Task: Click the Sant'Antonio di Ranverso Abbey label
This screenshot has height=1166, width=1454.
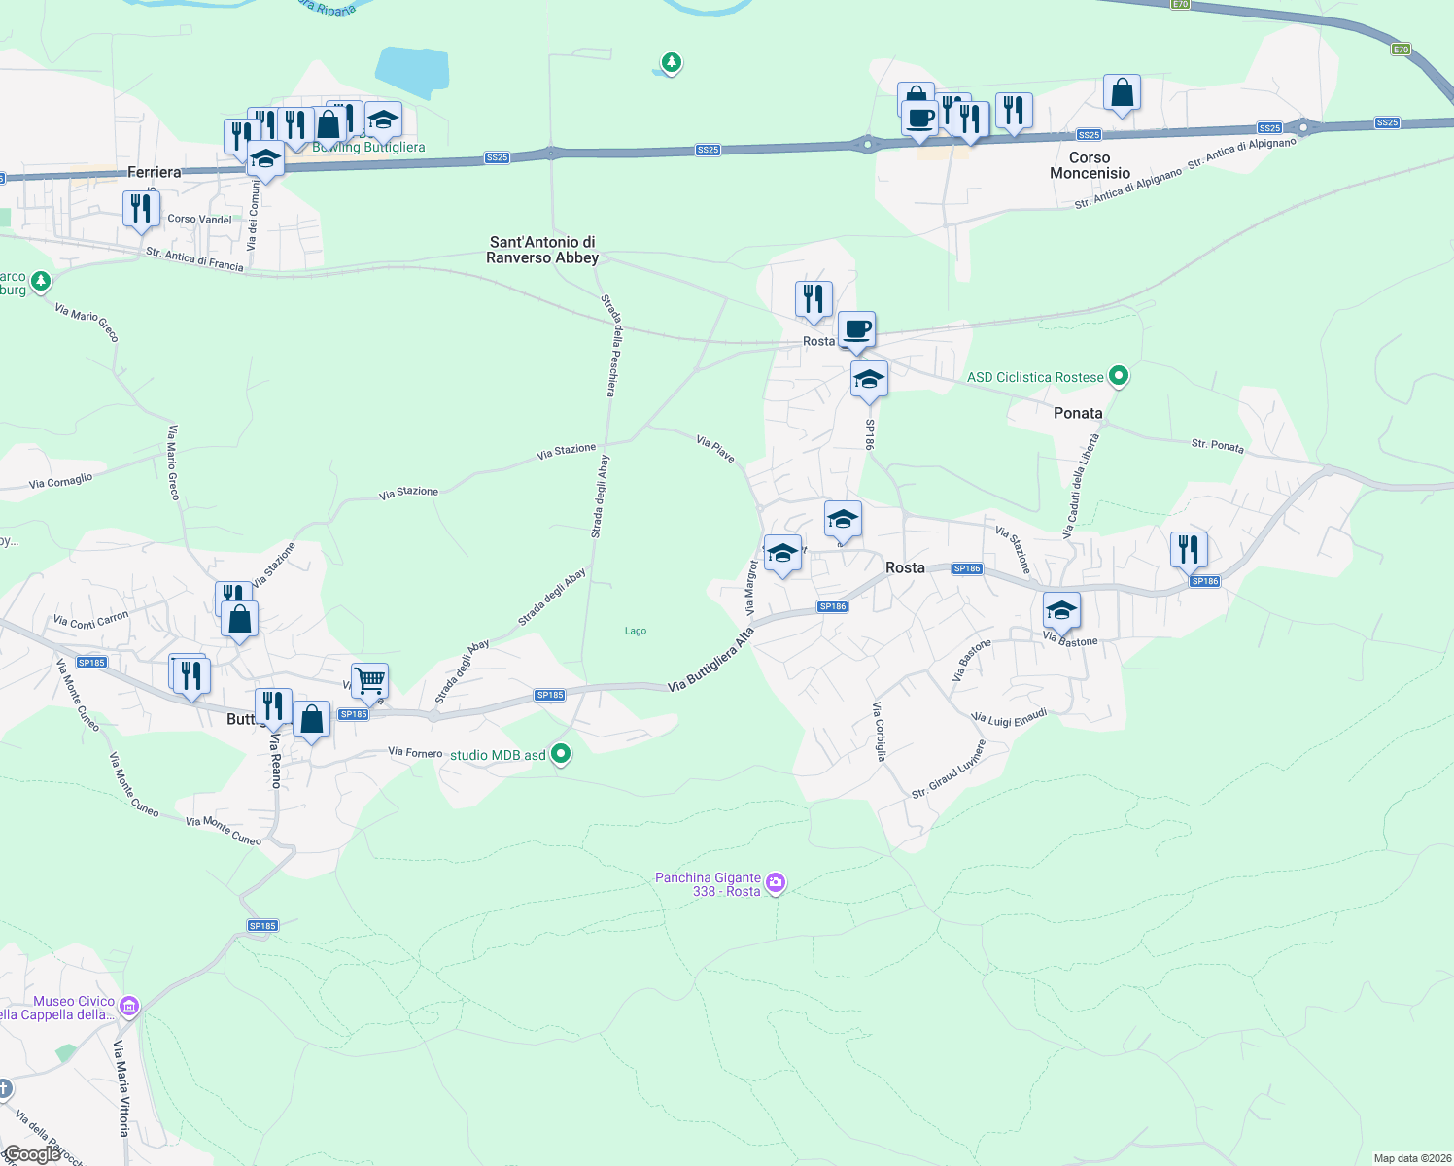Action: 542,250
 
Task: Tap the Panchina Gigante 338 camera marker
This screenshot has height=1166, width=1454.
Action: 776,882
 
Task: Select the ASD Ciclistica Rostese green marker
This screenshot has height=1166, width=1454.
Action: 1119,375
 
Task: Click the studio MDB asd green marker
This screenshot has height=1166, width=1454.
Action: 560,753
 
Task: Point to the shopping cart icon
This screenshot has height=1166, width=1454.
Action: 369,680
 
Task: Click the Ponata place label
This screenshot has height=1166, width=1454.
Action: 1078,413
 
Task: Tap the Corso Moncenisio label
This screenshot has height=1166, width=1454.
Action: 1090,165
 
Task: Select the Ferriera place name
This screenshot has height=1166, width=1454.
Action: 155,172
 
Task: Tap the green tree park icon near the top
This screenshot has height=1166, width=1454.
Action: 671,63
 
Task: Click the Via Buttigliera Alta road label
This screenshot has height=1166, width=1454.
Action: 711,660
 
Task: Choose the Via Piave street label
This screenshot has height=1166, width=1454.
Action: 715,448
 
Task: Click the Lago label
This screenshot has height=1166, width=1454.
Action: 636,631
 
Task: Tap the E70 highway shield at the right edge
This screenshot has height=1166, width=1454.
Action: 1400,49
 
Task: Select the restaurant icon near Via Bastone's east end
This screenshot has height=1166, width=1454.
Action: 1189,549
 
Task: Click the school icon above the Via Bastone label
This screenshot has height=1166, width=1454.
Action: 1061,610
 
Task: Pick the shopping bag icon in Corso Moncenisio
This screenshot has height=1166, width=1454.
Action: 1122,93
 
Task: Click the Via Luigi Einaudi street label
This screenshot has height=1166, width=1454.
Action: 1011,718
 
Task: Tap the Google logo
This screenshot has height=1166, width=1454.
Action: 32,1154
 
